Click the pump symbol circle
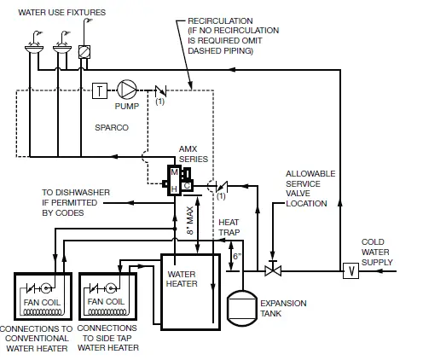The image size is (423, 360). point(126,89)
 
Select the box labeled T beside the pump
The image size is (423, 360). point(100,90)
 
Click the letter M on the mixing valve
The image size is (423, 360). point(175,171)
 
